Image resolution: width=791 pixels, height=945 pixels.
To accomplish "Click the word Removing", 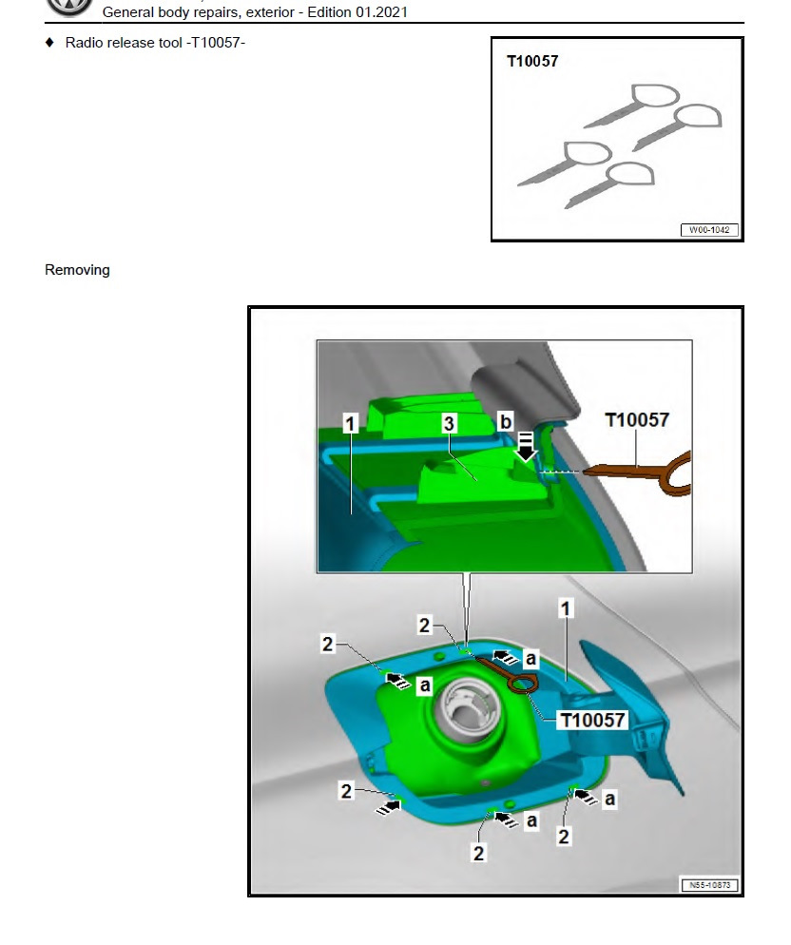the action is [x=77, y=270].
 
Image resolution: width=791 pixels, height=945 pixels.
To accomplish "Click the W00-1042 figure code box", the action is [x=709, y=230].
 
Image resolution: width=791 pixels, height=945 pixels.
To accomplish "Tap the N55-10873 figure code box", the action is [x=709, y=885].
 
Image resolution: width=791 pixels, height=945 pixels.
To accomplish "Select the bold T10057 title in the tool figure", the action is [x=532, y=61].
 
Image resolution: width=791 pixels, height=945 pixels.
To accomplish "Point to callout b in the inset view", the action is [x=506, y=421].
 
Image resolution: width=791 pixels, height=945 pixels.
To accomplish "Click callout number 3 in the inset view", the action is [x=449, y=424].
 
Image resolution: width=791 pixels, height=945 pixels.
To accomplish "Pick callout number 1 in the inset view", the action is [x=350, y=424].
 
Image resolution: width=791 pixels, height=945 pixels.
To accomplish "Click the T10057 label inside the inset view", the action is [x=637, y=420].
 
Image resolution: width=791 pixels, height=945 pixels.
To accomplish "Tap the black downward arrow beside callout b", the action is [x=526, y=447].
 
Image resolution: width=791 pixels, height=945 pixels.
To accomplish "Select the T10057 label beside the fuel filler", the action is [x=592, y=720].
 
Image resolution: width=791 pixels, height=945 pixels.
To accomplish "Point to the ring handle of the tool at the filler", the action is [x=522, y=684].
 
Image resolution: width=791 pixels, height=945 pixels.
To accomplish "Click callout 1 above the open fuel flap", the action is [x=565, y=608].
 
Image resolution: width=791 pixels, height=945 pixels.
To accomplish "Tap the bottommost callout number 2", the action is [x=479, y=854].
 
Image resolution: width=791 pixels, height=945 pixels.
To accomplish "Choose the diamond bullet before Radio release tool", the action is [x=50, y=42].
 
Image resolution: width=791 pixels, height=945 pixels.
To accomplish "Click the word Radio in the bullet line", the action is [x=84, y=43].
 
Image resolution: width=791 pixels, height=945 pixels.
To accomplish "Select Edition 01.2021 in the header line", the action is [x=357, y=12].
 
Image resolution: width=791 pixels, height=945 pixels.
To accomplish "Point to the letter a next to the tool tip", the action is [x=530, y=659].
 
